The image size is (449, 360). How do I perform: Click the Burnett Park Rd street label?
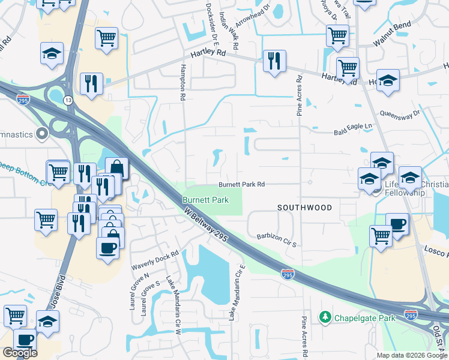[241, 185]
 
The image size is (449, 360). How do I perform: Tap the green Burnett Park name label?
[206, 199]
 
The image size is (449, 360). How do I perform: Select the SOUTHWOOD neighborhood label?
[304, 208]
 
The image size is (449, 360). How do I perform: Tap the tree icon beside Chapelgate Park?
[325, 316]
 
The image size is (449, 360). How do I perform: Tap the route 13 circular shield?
[70, 100]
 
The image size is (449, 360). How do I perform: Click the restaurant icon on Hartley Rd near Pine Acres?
[274, 61]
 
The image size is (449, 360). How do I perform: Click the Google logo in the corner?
[20, 353]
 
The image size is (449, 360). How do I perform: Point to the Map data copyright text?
[412, 355]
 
